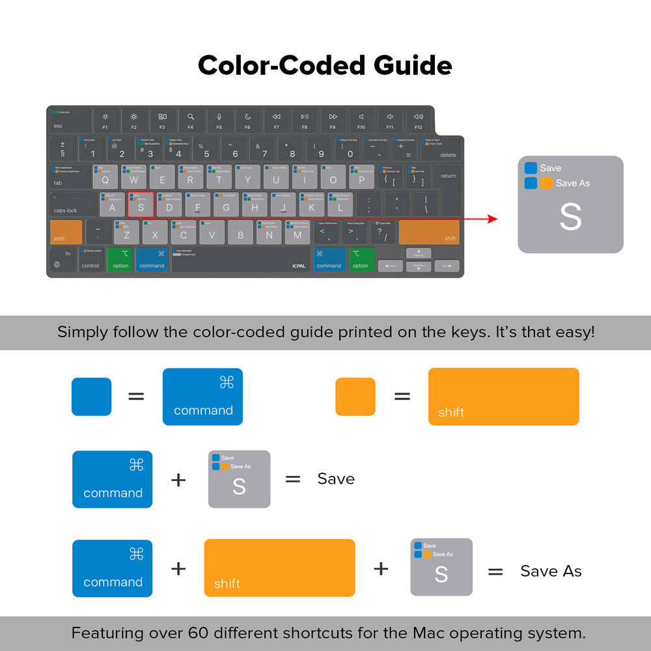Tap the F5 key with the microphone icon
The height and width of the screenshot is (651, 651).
click(219, 121)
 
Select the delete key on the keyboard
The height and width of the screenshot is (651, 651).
click(441, 149)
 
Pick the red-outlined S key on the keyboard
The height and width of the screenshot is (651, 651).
click(141, 204)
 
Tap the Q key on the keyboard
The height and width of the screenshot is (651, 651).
click(105, 177)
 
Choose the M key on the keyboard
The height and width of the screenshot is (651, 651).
click(298, 232)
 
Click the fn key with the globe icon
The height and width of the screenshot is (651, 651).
click(62, 259)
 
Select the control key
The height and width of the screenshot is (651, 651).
click(90, 259)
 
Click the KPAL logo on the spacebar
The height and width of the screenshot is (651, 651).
click(299, 266)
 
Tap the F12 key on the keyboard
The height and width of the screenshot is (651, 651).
click(418, 121)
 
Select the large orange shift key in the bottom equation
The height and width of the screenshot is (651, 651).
click(279, 568)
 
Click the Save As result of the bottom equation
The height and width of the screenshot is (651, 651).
click(551, 571)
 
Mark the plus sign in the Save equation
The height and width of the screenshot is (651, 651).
click(178, 480)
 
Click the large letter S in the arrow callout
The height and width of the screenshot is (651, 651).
click(570, 218)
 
